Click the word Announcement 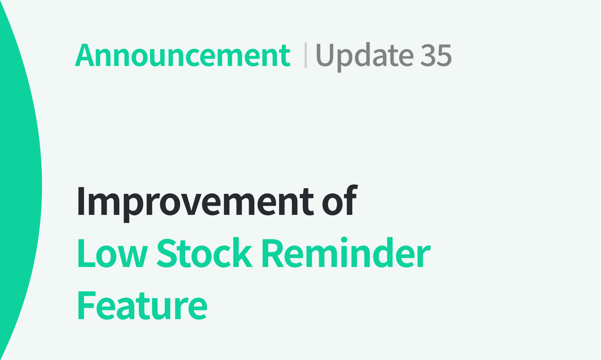tap(182, 56)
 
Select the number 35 tap(436, 56)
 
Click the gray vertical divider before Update tap(306, 56)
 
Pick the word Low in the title tap(112, 254)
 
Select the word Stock tap(204, 254)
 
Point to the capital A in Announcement tap(85, 56)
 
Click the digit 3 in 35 tap(427, 56)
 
